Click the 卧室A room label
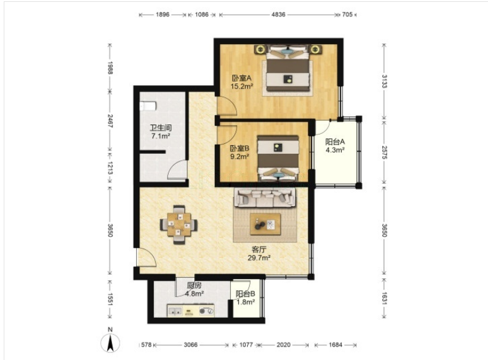(x=242, y=77)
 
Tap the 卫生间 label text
(x=161, y=128)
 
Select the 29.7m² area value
(x=259, y=258)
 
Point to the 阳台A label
(x=335, y=142)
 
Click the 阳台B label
(x=245, y=294)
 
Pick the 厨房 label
(x=194, y=285)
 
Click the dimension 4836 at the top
(x=278, y=14)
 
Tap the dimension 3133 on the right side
(x=385, y=81)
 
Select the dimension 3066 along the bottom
(x=190, y=345)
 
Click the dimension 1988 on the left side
(x=110, y=68)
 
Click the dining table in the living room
(x=179, y=224)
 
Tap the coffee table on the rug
(x=265, y=224)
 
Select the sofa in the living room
(x=265, y=197)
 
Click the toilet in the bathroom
(x=148, y=106)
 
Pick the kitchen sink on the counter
(x=175, y=310)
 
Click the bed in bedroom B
(x=278, y=158)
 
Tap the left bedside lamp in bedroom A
(x=260, y=49)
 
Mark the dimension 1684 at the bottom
(x=335, y=345)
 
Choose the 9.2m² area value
(x=239, y=157)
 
